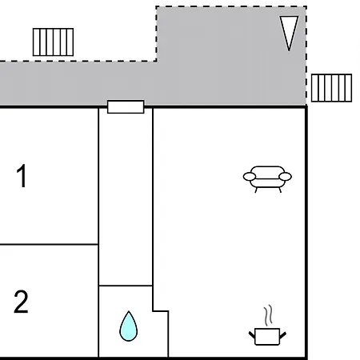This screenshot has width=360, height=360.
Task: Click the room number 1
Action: point(22,176)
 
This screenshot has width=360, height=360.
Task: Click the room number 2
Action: point(21,302)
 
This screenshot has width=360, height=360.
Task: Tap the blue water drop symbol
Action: point(129,326)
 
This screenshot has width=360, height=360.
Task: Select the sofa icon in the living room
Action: point(267,179)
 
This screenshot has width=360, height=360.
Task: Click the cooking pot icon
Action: point(267,337)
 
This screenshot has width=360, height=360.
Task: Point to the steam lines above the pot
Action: point(269,315)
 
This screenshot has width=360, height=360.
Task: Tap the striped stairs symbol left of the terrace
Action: point(53,42)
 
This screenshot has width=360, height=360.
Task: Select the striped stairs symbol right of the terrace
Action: point(331,88)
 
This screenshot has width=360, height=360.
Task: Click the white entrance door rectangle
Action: point(126,107)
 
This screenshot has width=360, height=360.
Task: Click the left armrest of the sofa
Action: point(250,177)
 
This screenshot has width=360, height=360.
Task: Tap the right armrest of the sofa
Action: point(285,177)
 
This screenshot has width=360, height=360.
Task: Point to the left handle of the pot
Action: point(252,335)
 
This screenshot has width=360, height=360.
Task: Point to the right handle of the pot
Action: point(283,335)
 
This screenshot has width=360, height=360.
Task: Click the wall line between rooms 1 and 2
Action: point(49,244)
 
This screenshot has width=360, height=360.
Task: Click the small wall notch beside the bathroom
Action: point(161,311)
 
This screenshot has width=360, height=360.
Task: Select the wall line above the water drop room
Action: point(126,286)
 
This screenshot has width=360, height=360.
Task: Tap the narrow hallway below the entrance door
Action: point(126,198)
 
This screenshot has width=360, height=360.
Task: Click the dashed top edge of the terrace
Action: point(231,6)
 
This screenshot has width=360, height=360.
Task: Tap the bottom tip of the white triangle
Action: point(289,50)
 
